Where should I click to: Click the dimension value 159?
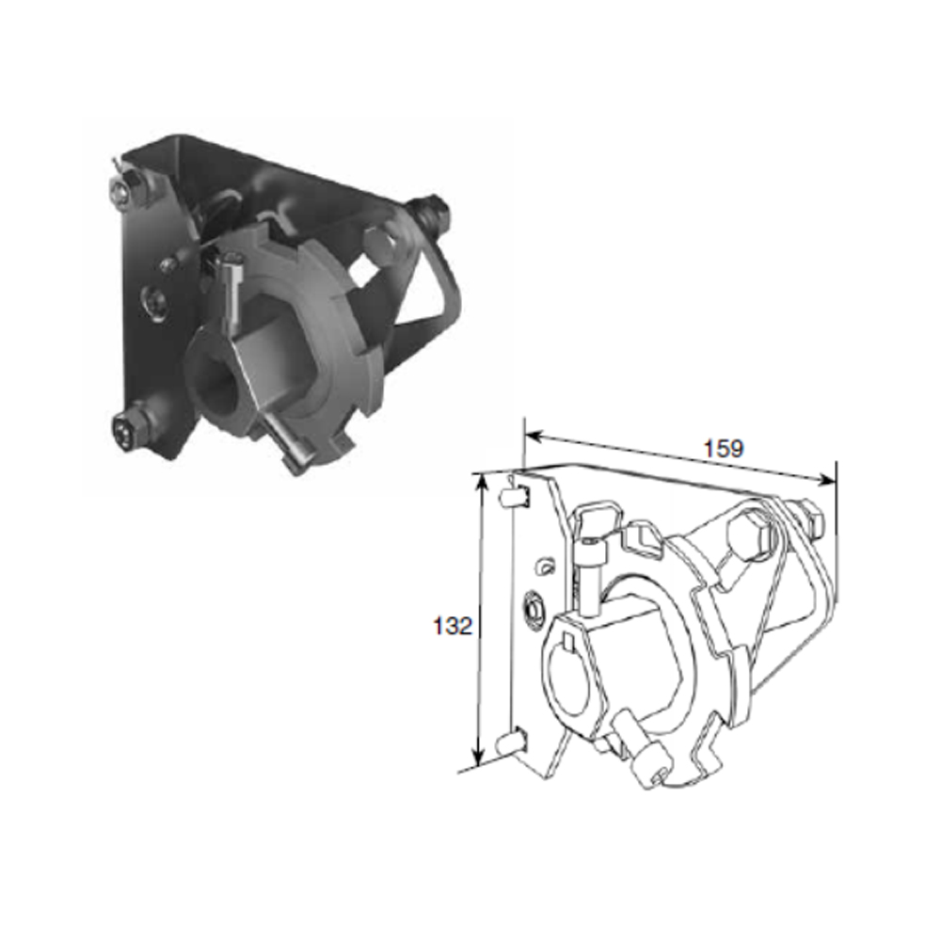(x=723, y=448)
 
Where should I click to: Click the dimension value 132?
(x=454, y=626)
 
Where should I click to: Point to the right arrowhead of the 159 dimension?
(x=824, y=479)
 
